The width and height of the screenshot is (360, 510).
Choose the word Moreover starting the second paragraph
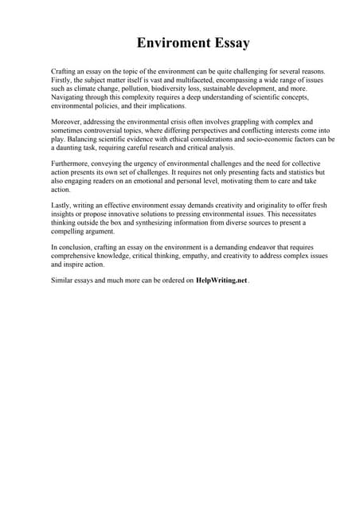click(66, 120)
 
